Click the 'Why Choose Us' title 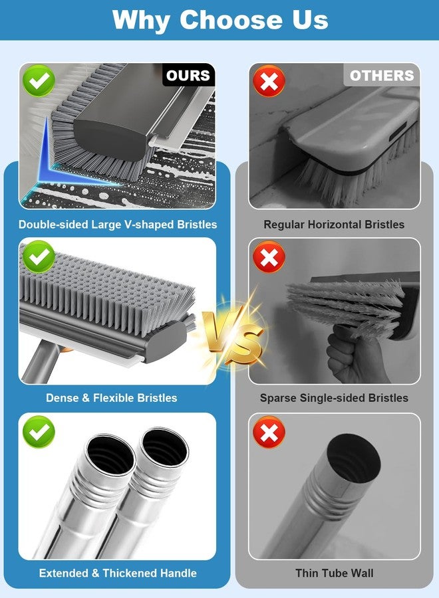220,20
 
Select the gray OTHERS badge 382,75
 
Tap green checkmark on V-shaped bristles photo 39,80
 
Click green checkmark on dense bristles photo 39,256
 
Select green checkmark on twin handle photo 39,432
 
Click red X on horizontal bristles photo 269,81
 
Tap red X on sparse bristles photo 269,256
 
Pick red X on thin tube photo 269,432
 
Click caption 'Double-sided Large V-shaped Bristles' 118,225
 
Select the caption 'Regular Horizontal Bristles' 334,225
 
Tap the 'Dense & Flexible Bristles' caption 112,398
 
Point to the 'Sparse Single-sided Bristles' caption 334,398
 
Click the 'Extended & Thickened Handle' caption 118,573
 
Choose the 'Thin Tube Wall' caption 335,573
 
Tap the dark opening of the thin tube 353,456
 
